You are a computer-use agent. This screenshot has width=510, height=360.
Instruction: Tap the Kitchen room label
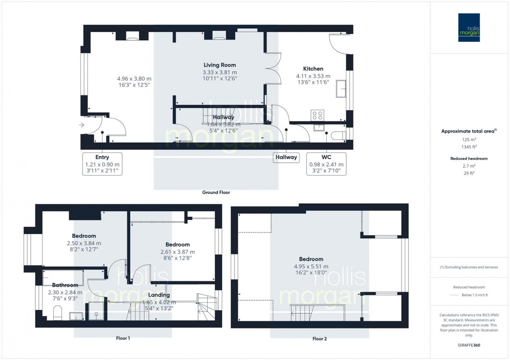(x=313, y=69)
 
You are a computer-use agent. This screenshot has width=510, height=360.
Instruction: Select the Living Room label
(x=220, y=65)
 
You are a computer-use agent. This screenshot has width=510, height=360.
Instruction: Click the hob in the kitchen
(x=317, y=114)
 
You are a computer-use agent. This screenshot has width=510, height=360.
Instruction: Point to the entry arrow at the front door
(x=82, y=125)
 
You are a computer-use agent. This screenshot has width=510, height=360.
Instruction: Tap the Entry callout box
(x=102, y=164)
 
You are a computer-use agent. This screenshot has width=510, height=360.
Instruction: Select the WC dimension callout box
(x=326, y=164)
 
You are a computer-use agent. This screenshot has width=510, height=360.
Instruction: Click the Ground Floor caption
(x=216, y=192)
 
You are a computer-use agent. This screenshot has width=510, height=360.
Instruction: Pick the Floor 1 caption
(x=122, y=338)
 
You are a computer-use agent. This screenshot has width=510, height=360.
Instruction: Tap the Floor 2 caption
(x=319, y=339)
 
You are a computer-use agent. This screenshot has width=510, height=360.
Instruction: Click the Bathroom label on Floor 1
(x=65, y=285)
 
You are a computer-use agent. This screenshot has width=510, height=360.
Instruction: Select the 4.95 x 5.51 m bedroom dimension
(x=311, y=266)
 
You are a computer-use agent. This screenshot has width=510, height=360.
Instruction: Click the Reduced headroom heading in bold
(x=469, y=158)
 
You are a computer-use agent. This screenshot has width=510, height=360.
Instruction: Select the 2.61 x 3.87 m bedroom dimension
(x=178, y=252)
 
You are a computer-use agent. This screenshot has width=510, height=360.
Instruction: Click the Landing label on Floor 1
(x=159, y=295)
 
